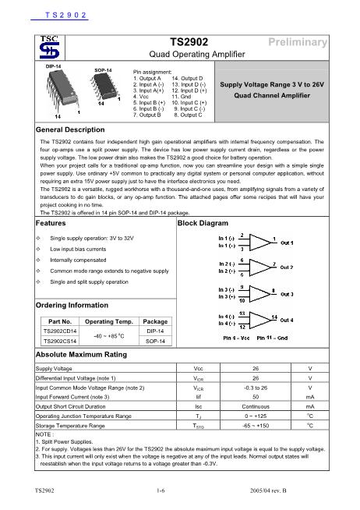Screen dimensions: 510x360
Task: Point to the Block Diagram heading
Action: [203, 222]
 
